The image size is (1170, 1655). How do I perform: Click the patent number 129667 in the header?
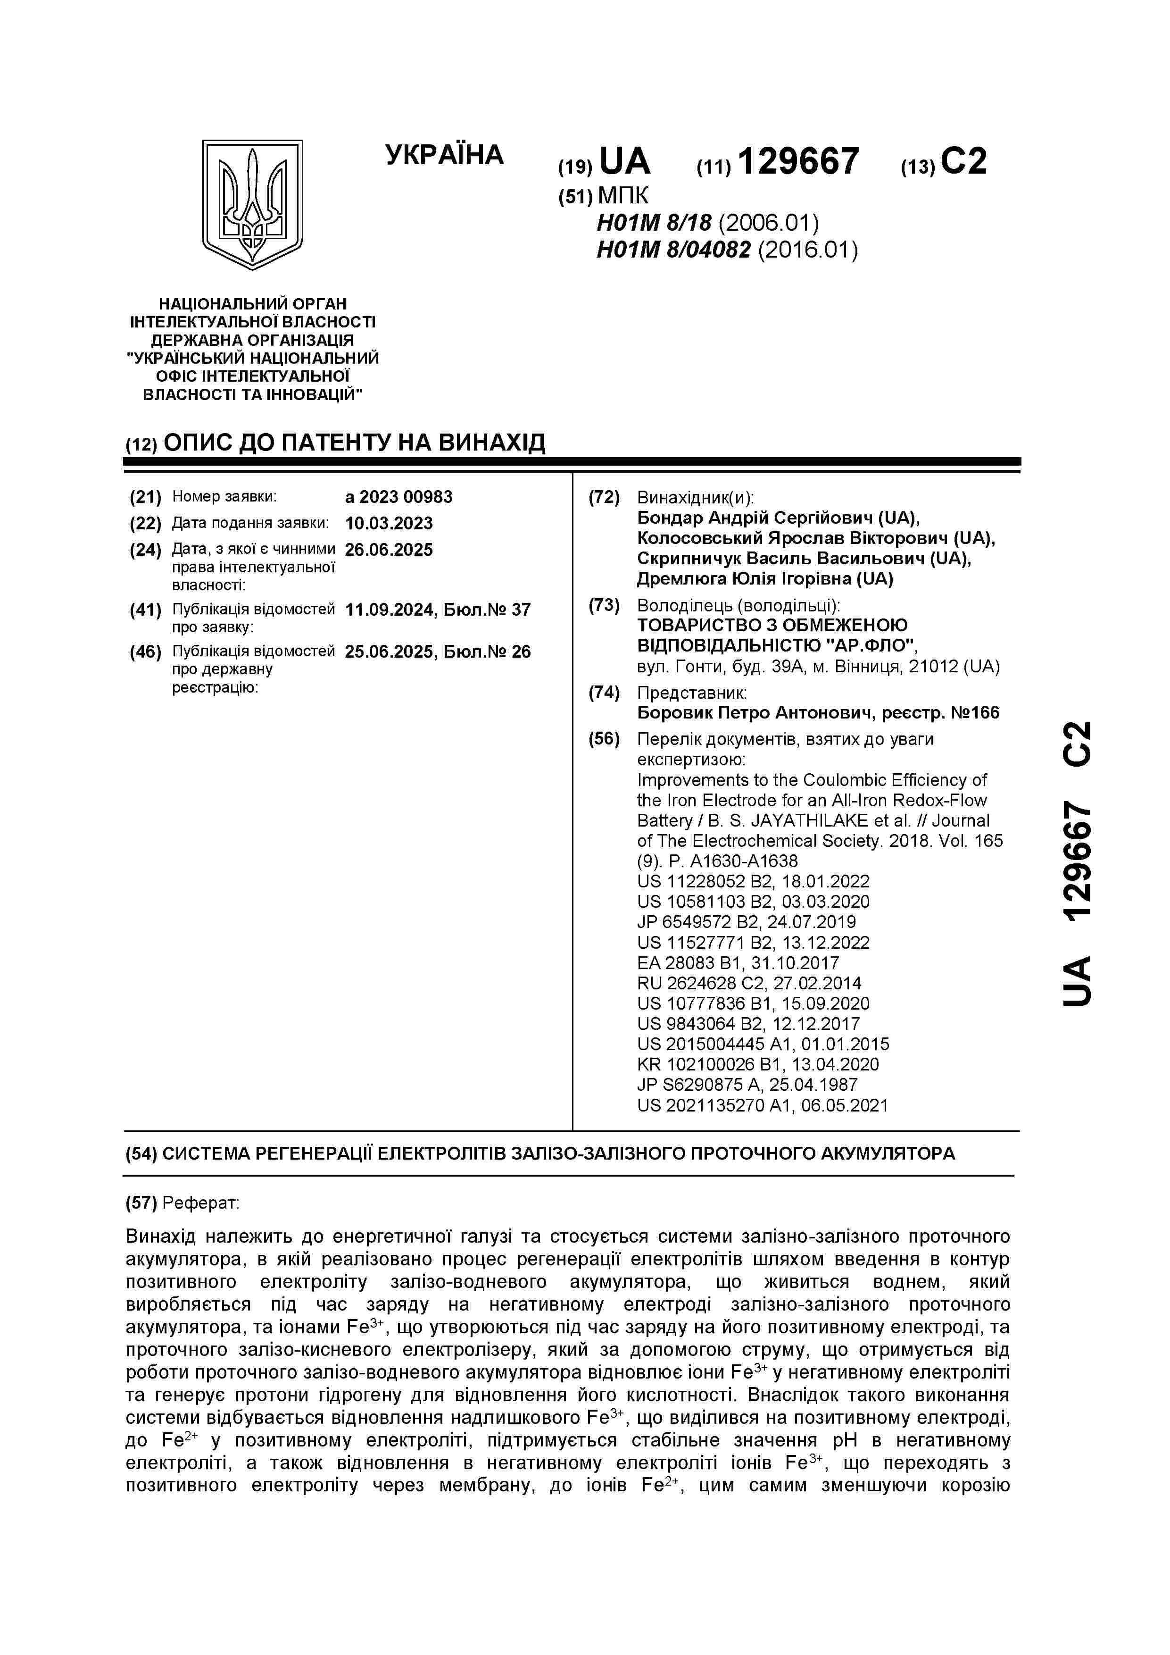pyautogui.click(x=798, y=161)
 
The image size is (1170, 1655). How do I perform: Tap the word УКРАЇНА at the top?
pyautogui.click(x=445, y=155)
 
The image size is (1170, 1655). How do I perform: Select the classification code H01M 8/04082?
pyautogui.click(x=673, y=250)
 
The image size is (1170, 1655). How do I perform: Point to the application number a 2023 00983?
pyautogui.click(x=398, y=497)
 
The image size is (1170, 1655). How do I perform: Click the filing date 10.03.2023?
pyautogui.click(x=389, y=523)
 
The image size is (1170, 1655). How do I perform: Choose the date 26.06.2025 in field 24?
pyautogui.click(x=389, y=550)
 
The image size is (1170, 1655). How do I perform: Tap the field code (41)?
pyautogui.click(x=146, y=610)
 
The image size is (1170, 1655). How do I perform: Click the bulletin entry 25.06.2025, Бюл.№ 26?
pyautogui.click(x=437, y=652)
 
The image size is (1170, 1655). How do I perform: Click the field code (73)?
pyautogui.click(x=604, y=605)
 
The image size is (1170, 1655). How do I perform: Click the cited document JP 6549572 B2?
pyautogui.click(x=747, y=922)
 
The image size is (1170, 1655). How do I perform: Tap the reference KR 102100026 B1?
pyautogui.click(x=758, y=1064)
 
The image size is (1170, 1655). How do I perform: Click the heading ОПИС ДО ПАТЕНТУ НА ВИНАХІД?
pyautogui.click(x=355, y=442)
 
